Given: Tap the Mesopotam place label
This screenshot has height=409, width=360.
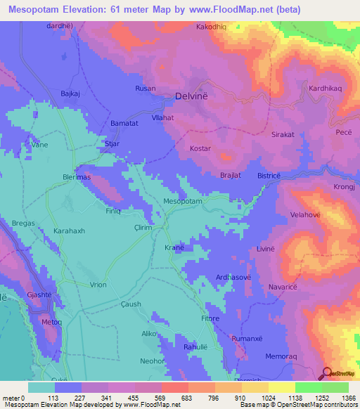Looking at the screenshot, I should coord(183,202).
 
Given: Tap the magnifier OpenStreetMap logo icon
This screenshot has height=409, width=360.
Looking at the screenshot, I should coord(328,373).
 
